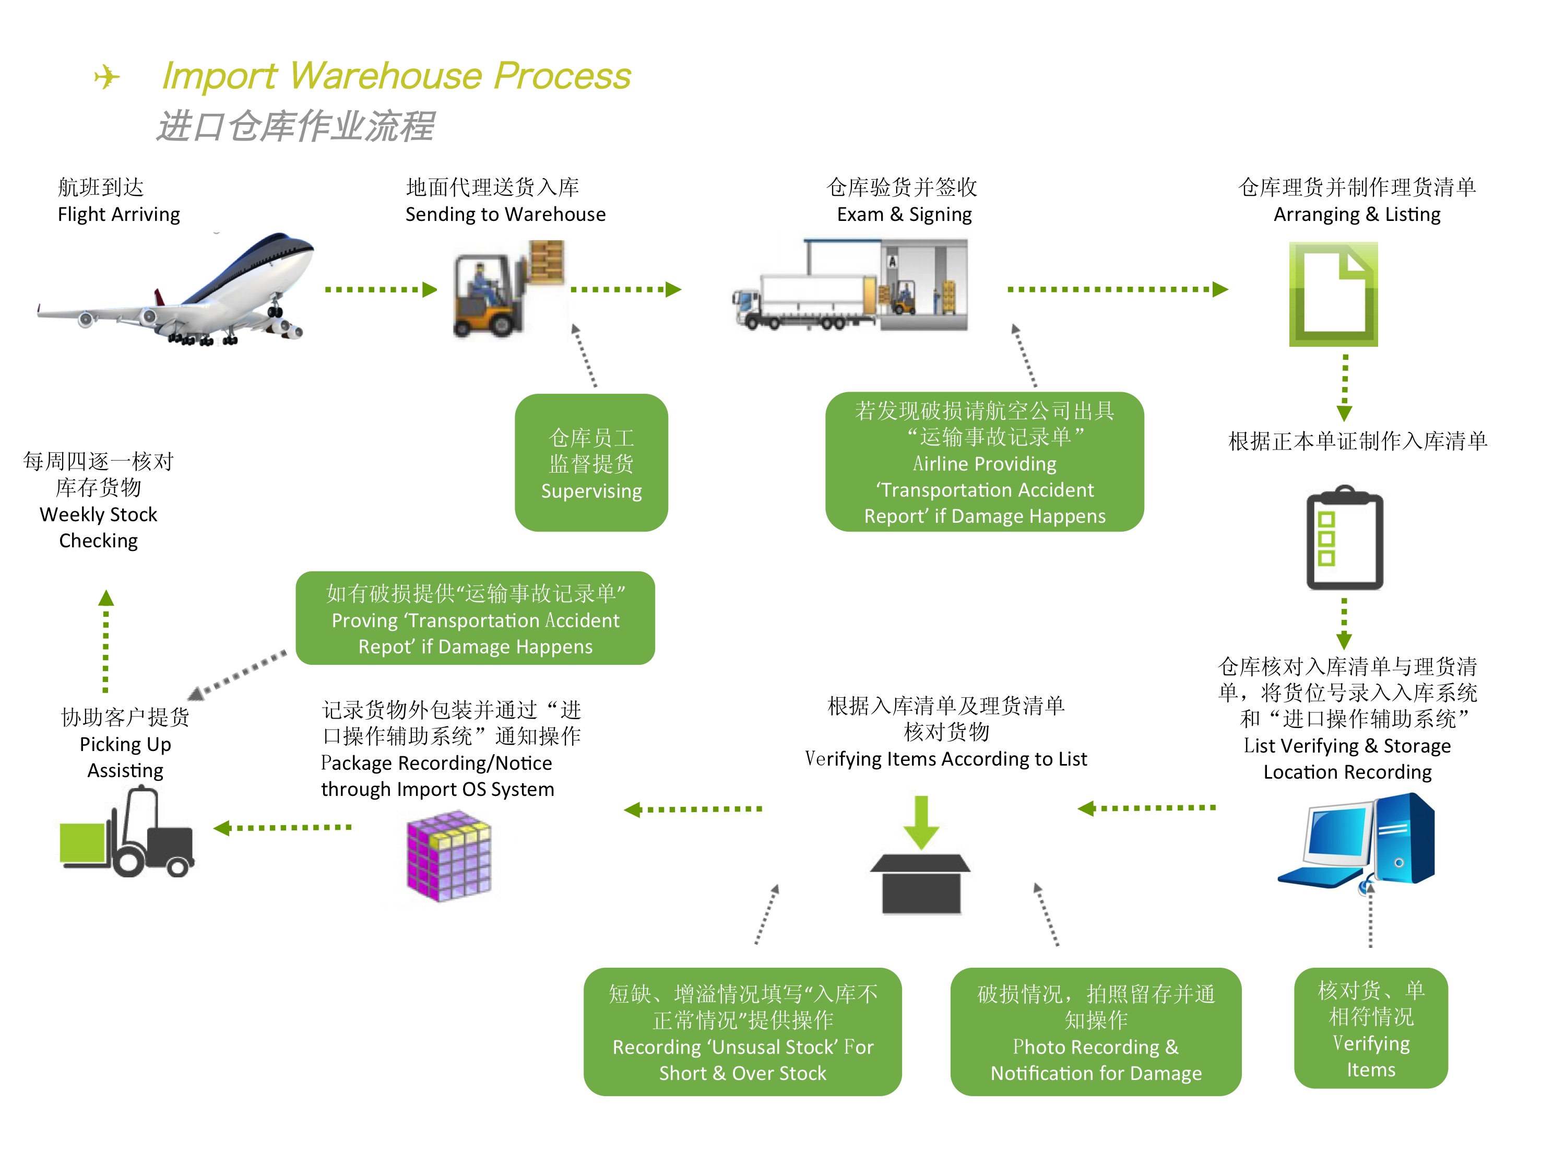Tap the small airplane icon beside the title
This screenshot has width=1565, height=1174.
click(x=107, y=76)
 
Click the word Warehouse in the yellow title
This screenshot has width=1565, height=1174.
click(x=388, y=75)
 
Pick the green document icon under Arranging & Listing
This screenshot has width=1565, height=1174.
click(x=1333, y=293)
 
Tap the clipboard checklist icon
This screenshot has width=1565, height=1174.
click(x=1344, y=538)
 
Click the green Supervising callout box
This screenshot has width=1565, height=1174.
click(x=591, y=463)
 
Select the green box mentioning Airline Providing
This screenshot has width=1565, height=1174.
click(x=984, y=462)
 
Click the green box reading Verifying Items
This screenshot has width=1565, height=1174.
click(x=1370, y=1028)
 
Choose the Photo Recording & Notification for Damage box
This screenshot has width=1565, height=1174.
click(x=1095, y=1032)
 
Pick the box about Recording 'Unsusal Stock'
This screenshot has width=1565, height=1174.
click(x=742, y=1032)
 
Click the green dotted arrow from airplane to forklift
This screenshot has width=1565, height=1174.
click(x=381, y=289)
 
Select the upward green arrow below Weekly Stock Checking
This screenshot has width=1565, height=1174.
click(x=106, y=640)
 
